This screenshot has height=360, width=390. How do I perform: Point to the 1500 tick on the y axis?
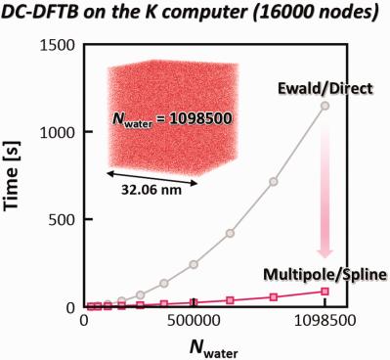click(x=60, y=45)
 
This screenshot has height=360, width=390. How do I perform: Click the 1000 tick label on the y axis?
click(x=60, y=132)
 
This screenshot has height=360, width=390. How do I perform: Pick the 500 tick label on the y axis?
click(x=65, y=219)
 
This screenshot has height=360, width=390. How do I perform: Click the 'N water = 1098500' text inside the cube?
click(x=162, y=126)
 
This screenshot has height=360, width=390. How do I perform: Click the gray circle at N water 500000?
click(x=194, y=264)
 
